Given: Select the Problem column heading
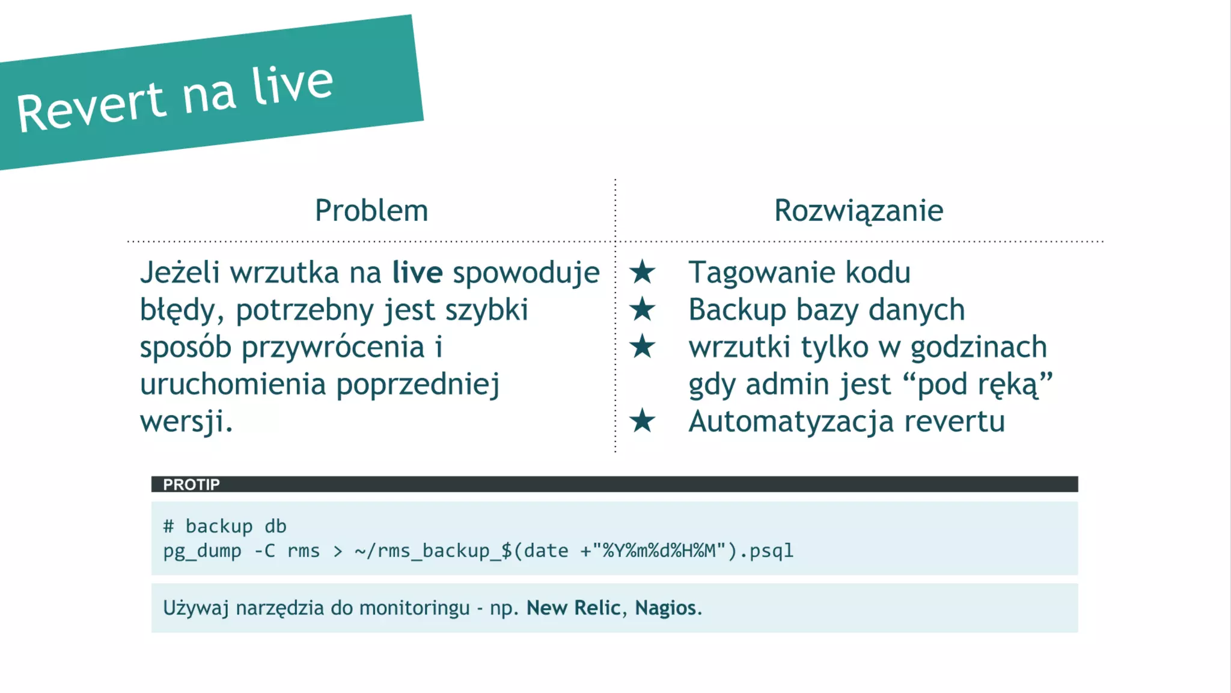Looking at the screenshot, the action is (371, 211).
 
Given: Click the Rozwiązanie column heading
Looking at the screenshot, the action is (858, 211).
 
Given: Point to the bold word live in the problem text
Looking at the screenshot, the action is (417, 273).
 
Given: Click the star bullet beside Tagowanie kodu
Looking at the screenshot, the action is (642, 272).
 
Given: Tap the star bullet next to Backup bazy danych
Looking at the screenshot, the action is (642, 309).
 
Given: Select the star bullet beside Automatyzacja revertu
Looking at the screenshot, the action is (642, 420).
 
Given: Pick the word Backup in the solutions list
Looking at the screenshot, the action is (737, 310).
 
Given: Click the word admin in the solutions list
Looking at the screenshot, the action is (788, 384).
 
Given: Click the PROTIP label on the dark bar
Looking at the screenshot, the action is (191, 485).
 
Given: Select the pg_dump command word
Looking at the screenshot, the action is (202, 551).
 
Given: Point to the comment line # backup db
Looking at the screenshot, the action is (225, 526).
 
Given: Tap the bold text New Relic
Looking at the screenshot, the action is (573, 608).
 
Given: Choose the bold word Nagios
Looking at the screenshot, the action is (665, 608).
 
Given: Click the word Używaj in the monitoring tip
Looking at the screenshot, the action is (196, 608).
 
